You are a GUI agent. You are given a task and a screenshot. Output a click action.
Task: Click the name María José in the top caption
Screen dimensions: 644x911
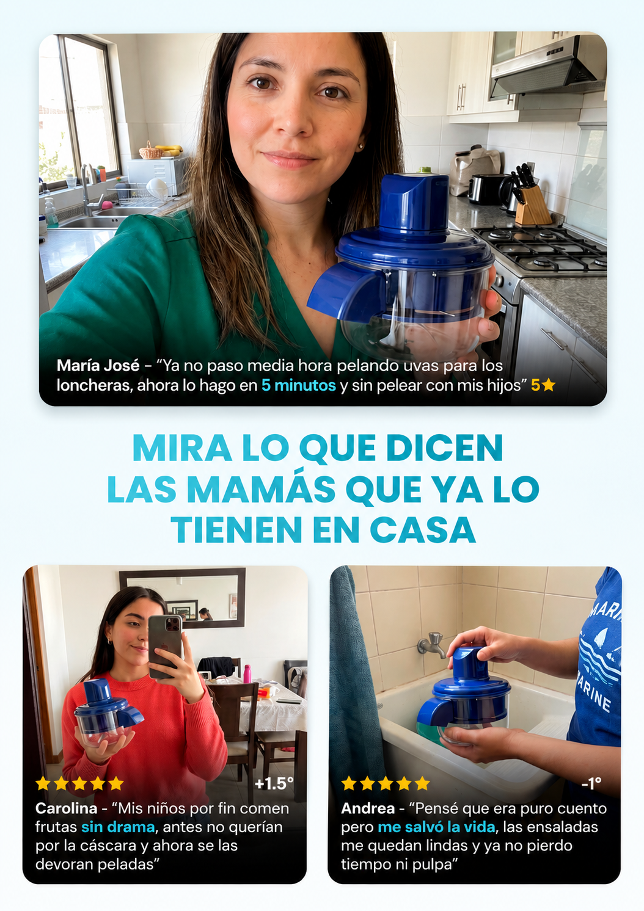98,365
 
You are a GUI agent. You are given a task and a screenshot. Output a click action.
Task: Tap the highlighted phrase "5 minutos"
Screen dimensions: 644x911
298,385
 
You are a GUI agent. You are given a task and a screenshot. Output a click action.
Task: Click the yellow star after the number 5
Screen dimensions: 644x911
549,384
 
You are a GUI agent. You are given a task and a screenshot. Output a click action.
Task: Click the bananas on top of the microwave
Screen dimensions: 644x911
169,150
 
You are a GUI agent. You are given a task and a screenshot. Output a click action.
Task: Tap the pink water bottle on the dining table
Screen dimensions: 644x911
247,674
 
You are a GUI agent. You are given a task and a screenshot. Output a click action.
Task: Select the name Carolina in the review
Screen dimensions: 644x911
66,808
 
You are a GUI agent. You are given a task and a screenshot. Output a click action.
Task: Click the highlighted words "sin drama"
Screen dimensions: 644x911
118,827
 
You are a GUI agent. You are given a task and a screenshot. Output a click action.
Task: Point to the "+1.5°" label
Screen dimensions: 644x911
274,784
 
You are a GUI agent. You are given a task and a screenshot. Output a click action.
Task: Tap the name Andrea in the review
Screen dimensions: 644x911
368,808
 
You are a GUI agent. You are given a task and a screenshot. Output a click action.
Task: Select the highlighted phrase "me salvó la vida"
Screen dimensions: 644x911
436,827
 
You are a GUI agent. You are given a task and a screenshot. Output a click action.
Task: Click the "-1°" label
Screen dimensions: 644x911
591,784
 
